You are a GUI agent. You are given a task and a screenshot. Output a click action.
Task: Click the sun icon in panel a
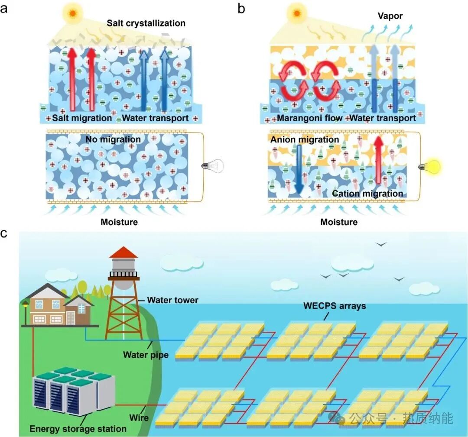pyautogui.click(x=72, y=13)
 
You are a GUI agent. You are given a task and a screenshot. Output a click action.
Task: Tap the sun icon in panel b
pyautogui.click(x=297, y=13)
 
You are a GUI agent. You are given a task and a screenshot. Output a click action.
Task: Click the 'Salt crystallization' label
pyautogui.click(x=146, y=23)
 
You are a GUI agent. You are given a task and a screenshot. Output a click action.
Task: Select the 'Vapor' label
pyautogui.click(x=390, y=16)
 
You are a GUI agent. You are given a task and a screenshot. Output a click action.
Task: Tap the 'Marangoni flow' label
pyautogui.click(x=309, y=118)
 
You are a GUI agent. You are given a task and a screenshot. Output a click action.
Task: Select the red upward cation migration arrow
pyautogui.click(x=378, y=159)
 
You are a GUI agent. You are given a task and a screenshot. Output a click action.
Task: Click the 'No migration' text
pyautogui.click(x=113, y=139)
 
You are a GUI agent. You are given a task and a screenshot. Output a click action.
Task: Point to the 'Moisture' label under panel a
pyautogui.click(x=119, y=222)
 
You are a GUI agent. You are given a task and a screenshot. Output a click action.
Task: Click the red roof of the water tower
pyautogui.click(x=123, y=252)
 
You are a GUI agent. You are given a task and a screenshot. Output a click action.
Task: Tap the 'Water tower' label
pyautogui.click(x=172, y=300)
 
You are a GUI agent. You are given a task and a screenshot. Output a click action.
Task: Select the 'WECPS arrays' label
pyautogui.click(x=335, y=306)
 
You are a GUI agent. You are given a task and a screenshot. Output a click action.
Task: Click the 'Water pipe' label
pyautogui.click(x=146, y=355)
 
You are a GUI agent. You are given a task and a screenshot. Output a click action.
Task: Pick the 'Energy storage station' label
pyautogui.click(x=78, y=429)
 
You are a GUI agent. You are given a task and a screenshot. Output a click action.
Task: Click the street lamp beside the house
pyautogui.click(x=26, y=313)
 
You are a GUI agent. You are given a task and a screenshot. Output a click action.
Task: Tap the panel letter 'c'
pyautogui.click(x=3, y=233)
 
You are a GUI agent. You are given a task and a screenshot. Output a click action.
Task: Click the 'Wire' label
pyautogui.click(x=139, y=418)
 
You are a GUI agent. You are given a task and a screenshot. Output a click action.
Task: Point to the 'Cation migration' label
pyautogui.click(x=367, y=194)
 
